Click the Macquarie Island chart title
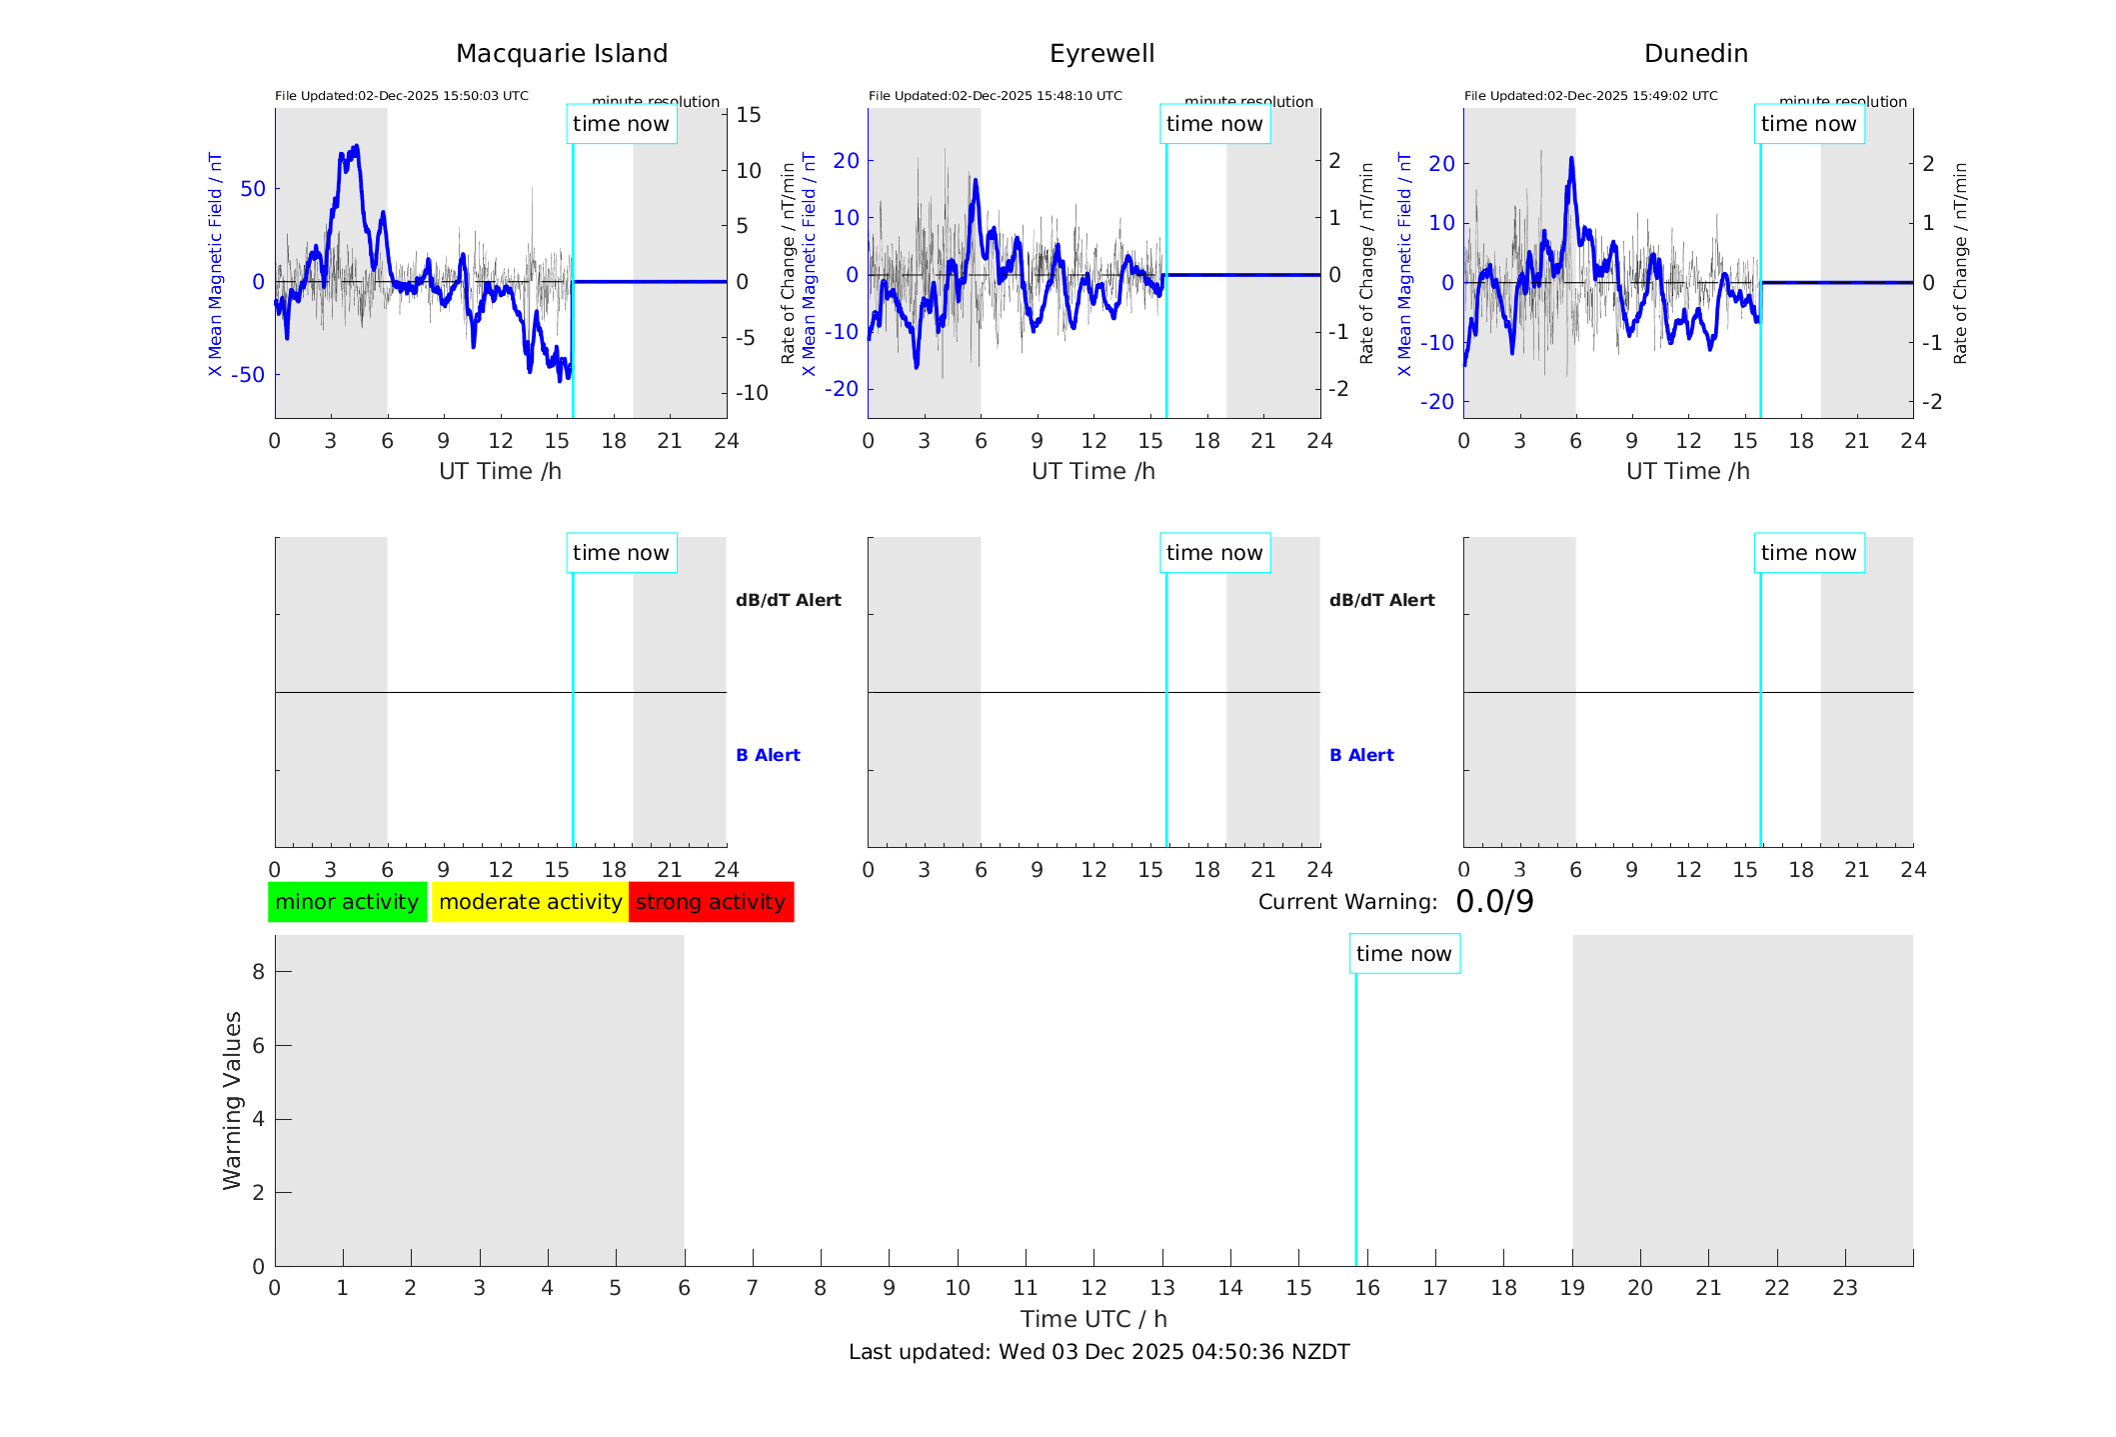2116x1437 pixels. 561,54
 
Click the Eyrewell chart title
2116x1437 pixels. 1101,54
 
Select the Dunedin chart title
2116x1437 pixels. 1695,54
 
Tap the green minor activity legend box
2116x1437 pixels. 347,902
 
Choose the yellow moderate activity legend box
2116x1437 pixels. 530,902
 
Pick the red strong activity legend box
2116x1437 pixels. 711,902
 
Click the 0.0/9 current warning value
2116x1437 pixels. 1494,902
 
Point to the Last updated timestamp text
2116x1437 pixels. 1098,1352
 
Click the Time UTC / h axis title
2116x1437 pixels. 1093,1319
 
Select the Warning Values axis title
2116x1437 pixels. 233,1100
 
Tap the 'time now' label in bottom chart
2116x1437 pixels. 1403,954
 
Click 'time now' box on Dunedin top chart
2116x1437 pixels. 1808,124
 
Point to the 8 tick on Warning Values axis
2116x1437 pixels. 258,971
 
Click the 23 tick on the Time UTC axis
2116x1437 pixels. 1844,1288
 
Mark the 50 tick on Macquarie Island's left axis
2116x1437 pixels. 253,189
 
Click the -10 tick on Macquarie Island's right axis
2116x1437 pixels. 752,393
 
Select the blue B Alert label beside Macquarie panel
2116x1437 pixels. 768,755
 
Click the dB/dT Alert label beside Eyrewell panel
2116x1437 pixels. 1381,600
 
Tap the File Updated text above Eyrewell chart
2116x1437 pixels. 995,96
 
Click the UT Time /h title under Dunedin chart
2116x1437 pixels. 1687,471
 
